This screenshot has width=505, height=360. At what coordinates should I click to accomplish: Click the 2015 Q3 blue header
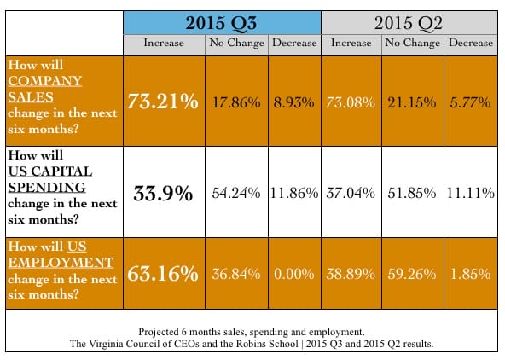222,23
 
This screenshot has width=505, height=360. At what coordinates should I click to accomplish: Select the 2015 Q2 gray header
409,23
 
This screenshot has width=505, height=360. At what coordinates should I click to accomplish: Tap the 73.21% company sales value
163,102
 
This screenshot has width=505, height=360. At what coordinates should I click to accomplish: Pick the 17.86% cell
236,102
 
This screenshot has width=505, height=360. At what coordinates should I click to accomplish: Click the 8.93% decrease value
293,102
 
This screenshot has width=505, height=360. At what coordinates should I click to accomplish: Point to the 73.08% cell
351,102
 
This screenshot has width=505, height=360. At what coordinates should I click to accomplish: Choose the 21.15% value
412,102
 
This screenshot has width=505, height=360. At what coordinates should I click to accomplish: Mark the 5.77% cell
470,102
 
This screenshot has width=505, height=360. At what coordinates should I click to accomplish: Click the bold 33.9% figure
163,194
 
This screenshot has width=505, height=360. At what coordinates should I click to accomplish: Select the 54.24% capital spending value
236,193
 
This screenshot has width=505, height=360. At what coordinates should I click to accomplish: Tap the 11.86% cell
294,193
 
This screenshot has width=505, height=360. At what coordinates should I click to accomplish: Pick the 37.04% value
351,193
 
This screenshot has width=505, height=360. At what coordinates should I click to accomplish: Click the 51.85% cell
412,193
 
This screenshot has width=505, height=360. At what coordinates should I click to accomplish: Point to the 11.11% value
471,193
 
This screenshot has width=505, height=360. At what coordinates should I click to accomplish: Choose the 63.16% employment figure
163,274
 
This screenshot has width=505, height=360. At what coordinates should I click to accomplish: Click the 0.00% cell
293,275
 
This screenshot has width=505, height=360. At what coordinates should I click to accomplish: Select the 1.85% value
471,275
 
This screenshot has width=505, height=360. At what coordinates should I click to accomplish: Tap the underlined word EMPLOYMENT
61,263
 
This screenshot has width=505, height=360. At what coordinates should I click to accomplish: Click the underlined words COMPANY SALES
44,89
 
